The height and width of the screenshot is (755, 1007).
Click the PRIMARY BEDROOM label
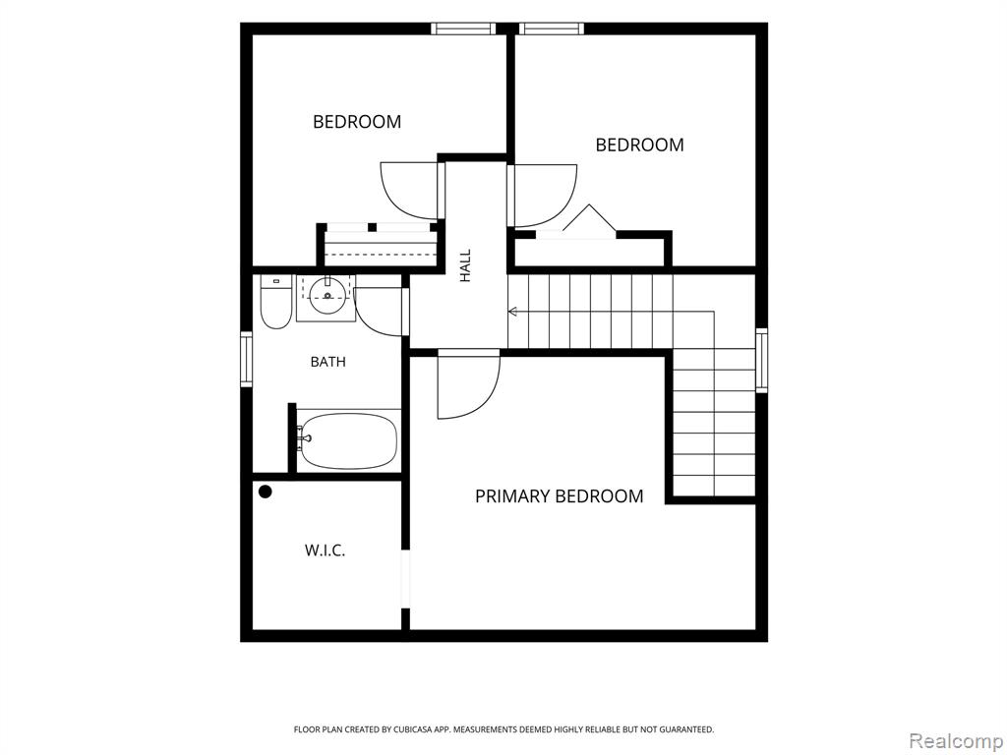(559, 496)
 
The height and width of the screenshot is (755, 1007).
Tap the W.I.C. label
(325, 551)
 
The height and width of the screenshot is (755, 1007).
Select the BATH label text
(327, 362)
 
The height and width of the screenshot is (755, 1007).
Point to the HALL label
(465, 265)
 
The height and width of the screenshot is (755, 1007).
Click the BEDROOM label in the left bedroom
(357, 121)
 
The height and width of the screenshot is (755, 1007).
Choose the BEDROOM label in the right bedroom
(639, 145)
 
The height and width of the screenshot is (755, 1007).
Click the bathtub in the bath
(347, 440)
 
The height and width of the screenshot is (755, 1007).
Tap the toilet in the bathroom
(276, 302)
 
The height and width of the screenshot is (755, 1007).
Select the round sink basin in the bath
(327, 296)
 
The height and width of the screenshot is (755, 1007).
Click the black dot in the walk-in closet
(266, 493)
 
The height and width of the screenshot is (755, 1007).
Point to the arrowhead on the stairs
(513, 312)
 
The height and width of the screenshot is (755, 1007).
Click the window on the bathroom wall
(247, 360)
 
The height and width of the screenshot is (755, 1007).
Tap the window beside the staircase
(762, 360)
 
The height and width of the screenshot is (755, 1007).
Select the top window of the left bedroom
(463, 29)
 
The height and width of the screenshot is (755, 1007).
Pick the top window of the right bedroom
(552, 29)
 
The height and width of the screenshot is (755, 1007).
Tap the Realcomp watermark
(956, 740)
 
